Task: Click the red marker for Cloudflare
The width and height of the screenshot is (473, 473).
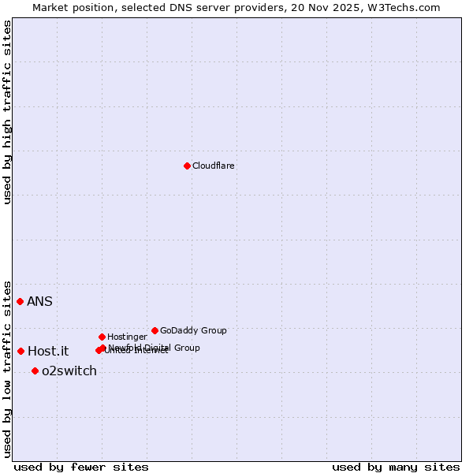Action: pos(187,166)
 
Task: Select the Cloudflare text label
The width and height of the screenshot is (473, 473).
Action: pos(213,166)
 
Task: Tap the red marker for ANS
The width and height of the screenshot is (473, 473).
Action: pos(20,301)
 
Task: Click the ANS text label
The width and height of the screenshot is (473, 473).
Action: pos(39,302)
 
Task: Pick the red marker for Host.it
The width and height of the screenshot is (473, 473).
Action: pos(20,351)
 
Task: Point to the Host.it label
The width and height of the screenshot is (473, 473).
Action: pos(48,352)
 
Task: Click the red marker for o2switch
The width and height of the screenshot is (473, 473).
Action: pos(35,371)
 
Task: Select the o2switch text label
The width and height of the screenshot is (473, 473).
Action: pos(69,371)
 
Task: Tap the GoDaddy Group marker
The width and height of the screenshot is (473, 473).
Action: pos(155,330)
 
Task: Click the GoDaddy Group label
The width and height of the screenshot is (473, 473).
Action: pos(193,331)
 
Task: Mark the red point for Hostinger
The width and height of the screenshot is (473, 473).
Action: pos(102,337)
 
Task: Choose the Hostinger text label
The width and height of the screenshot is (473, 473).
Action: pos(127,337)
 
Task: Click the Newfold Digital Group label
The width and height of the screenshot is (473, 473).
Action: pos(155,348)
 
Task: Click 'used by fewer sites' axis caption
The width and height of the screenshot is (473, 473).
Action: pos(81,467)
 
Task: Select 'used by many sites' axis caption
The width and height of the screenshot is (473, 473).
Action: pos(396,467)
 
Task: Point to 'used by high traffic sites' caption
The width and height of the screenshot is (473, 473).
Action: pos(7,113)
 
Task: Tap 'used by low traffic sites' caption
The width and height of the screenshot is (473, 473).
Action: pos(7,368)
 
